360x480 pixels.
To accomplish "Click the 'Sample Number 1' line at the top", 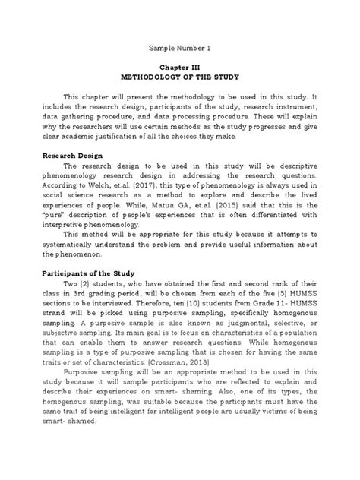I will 179,48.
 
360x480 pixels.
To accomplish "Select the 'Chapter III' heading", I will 179,67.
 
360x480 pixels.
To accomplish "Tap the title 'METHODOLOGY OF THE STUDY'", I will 179,77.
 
